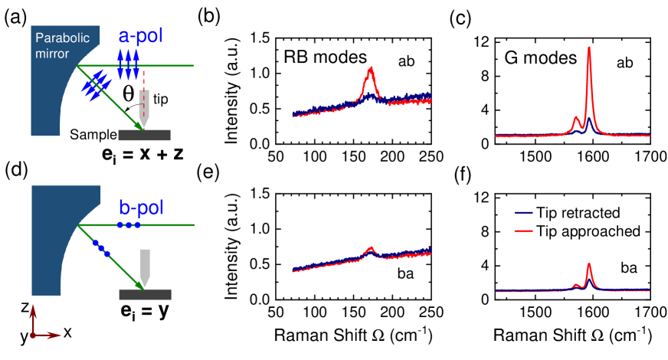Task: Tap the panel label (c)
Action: (460, 19)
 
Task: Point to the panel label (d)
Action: (15, 170)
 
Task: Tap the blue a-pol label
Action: (141, 36)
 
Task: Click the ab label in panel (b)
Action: (407, 62)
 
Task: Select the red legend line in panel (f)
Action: (523, 230)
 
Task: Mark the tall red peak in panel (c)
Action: (589, 51)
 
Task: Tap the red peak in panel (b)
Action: (371, 70)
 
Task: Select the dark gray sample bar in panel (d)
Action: (145, 294)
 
